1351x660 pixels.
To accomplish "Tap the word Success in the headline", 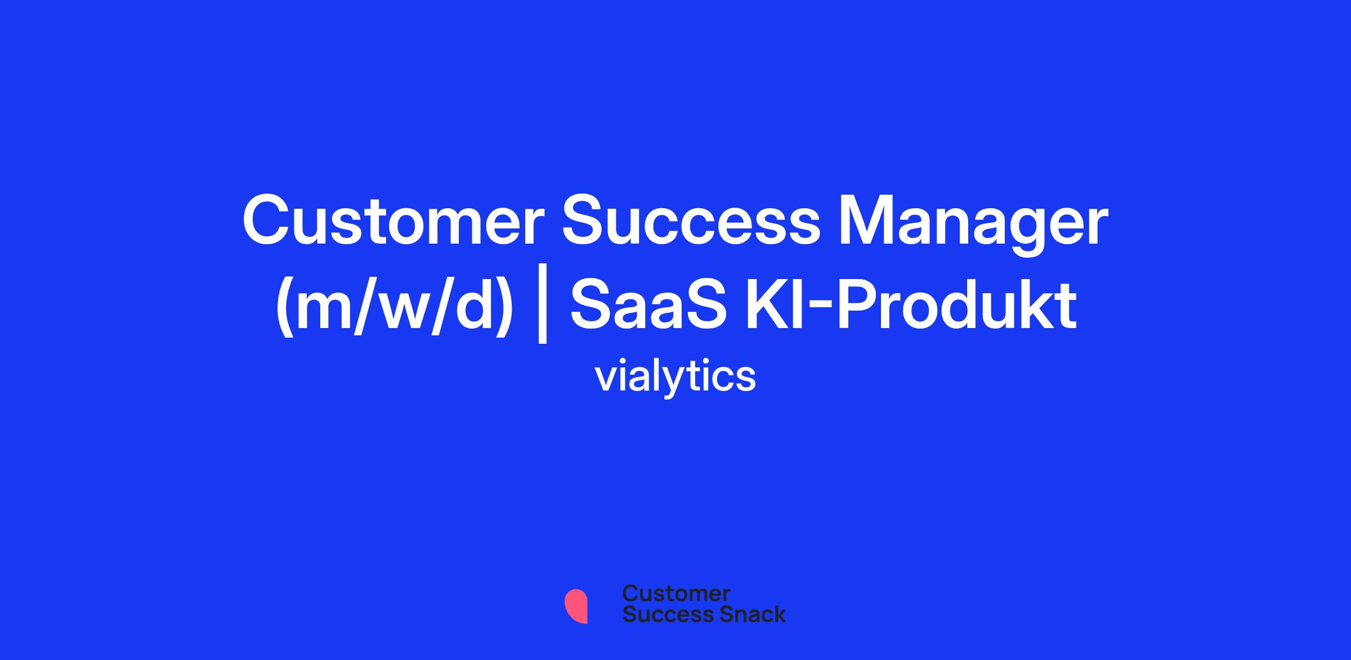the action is pyautogui.click(x=691, y=221).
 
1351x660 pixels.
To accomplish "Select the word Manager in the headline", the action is pyautogui.click(x=973, y=225).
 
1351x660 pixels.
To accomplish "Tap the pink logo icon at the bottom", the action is pyautogui.click(x=576, y=607).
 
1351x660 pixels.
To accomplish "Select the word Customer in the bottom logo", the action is pyautogui.click(x=676, y=594).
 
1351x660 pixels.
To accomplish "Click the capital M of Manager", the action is pyautogui.click(x=867, y=221).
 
